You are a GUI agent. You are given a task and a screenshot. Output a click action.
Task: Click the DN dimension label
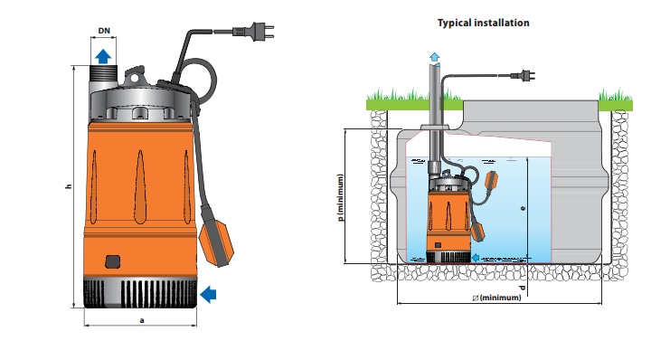point(104,31)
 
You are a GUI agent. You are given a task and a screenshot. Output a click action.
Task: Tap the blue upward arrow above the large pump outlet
point(103,56)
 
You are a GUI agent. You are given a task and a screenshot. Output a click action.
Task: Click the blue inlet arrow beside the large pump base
point(208,294)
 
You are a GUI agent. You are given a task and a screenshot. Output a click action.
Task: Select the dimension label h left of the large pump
point(69,186)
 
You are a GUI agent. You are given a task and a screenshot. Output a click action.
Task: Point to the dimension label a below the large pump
point(142,320)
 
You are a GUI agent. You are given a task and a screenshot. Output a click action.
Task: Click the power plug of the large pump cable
point(253,32)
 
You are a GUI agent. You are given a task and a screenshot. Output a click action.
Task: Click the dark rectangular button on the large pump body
point(112,261)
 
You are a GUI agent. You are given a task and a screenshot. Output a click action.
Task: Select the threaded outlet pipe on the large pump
point(103,79)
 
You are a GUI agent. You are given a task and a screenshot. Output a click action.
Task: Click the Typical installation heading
point(483,24)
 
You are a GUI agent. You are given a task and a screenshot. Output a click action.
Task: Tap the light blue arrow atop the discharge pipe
point(435,58)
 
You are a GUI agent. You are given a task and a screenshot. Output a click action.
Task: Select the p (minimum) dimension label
point(341,197)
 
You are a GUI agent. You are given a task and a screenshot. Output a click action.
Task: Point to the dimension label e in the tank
point(523,208)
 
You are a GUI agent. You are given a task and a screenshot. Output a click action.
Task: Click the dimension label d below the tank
point(522,288)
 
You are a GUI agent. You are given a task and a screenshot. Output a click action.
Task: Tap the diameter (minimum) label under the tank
point(497,298)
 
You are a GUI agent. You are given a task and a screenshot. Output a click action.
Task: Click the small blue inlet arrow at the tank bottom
point(476,258)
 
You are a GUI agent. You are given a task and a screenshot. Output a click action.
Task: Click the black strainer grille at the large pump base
point(140,294)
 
